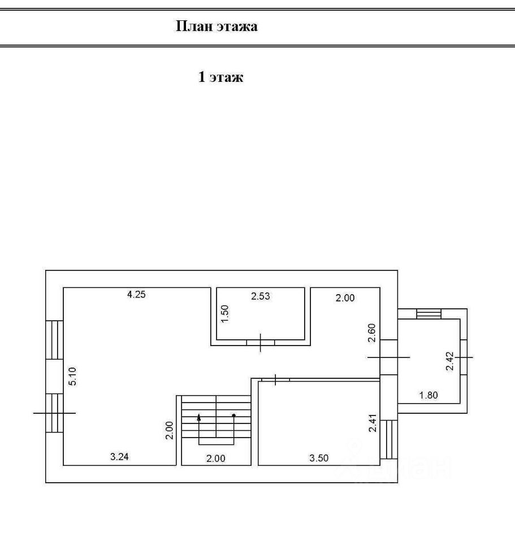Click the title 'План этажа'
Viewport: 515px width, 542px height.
pos(217,27)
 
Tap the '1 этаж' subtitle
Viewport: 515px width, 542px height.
pos(220,77)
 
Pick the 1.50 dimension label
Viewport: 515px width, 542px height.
pos(224,313)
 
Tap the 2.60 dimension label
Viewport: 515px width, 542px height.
pos(371,332)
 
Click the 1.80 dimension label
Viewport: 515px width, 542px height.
pos(429,395)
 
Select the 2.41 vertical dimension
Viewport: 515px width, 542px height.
pos(371,424)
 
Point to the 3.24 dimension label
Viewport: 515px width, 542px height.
pos(120,458)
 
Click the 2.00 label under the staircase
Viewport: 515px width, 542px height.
pos(215,458)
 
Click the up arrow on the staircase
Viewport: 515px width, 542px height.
pos(199,418)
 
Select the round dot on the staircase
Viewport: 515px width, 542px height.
pos(233,416)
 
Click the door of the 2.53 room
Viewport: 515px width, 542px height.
pos(261,342)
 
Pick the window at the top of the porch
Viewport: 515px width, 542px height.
pos(428,314)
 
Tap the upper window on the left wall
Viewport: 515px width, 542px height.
pos(54,339)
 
